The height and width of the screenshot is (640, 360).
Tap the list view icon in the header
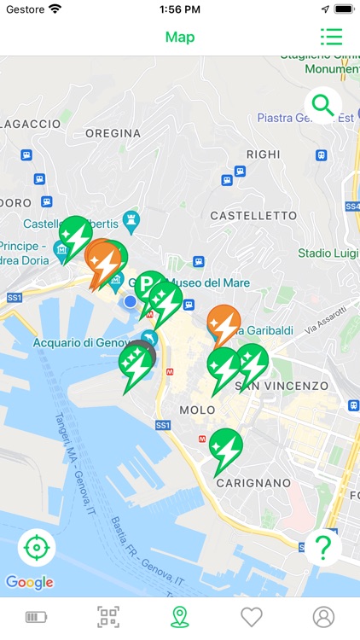click(x=331, y=37)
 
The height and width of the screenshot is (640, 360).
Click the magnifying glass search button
click(x=323, y=106)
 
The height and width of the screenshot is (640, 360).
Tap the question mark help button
click(x=322, y=548)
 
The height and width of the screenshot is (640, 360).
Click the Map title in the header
click(x=180, y=37)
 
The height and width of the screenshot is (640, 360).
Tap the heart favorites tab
click(x=251, y=616)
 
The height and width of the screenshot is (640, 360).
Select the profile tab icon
click(x=323, y=616)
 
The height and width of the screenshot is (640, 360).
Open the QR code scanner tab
click(x=107, y=616)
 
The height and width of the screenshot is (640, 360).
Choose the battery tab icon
click(x=36, y=616)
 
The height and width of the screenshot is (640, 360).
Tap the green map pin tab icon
click(x=179, y=616)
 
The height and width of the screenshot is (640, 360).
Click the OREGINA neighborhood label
click(x=113, y=133)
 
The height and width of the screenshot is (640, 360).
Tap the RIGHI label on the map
click(x=262, y=154)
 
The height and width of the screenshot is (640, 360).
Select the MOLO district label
click(x=197, y=410)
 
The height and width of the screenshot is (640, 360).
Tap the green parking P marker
click(x=148, y=283)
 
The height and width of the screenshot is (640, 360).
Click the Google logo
click(x=30, y=583)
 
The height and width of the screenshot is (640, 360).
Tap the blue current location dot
click(x=130, y=301)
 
